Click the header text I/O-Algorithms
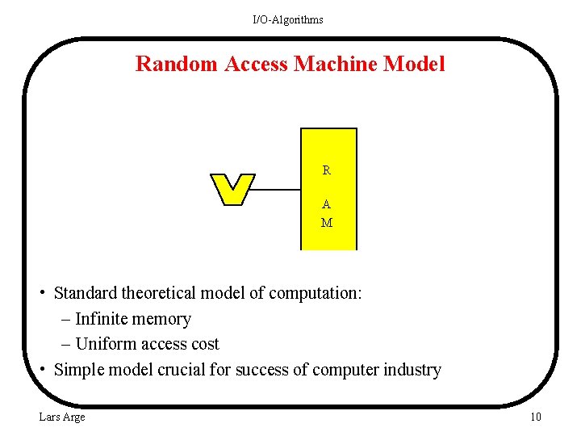[287, 19]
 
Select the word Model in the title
[415, 64]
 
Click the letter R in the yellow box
[327, 170]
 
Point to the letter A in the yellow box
[327, 204]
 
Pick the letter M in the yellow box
[327, 223]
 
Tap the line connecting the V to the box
[277, 190]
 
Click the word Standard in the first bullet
[87, 292]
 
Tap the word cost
[203, 344]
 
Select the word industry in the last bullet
[412, 370]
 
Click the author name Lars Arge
[61, 417]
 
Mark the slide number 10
[535, 417]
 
